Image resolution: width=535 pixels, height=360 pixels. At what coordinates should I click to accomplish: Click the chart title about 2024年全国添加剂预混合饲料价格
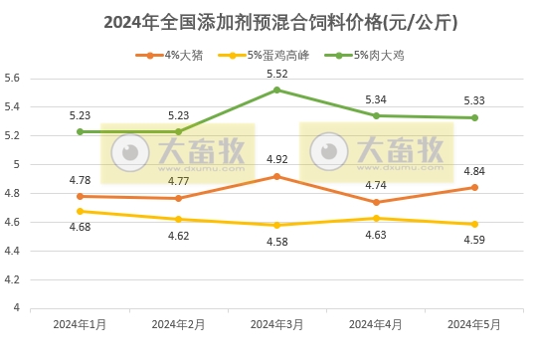(x=267, y=20)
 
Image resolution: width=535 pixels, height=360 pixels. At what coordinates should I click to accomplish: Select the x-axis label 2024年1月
(x=80, y=324)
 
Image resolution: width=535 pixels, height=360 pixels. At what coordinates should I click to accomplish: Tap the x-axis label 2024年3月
(x=276, y=324)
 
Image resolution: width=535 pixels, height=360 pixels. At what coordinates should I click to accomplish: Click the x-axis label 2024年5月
(x=474, y=324)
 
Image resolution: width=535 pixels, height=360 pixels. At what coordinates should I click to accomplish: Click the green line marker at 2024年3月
(x=276, y=90)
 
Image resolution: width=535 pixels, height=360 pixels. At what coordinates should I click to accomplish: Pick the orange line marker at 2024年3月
(x=276, y=176)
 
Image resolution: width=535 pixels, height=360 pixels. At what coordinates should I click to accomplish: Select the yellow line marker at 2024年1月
(x=80, y=211)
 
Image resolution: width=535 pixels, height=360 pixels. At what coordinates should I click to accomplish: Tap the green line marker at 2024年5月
(x=474, y=117)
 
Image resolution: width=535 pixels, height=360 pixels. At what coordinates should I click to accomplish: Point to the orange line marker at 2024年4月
(x=376, y=202)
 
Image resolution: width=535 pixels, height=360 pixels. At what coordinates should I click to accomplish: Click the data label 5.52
(x=276, y=75)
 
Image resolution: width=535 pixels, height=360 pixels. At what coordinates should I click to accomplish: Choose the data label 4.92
(x=276, y=159)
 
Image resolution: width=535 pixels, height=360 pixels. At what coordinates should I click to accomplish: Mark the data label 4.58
(x=276, y=242)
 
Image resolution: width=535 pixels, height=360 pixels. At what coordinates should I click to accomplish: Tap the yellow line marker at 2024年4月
(x=376, y=218)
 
